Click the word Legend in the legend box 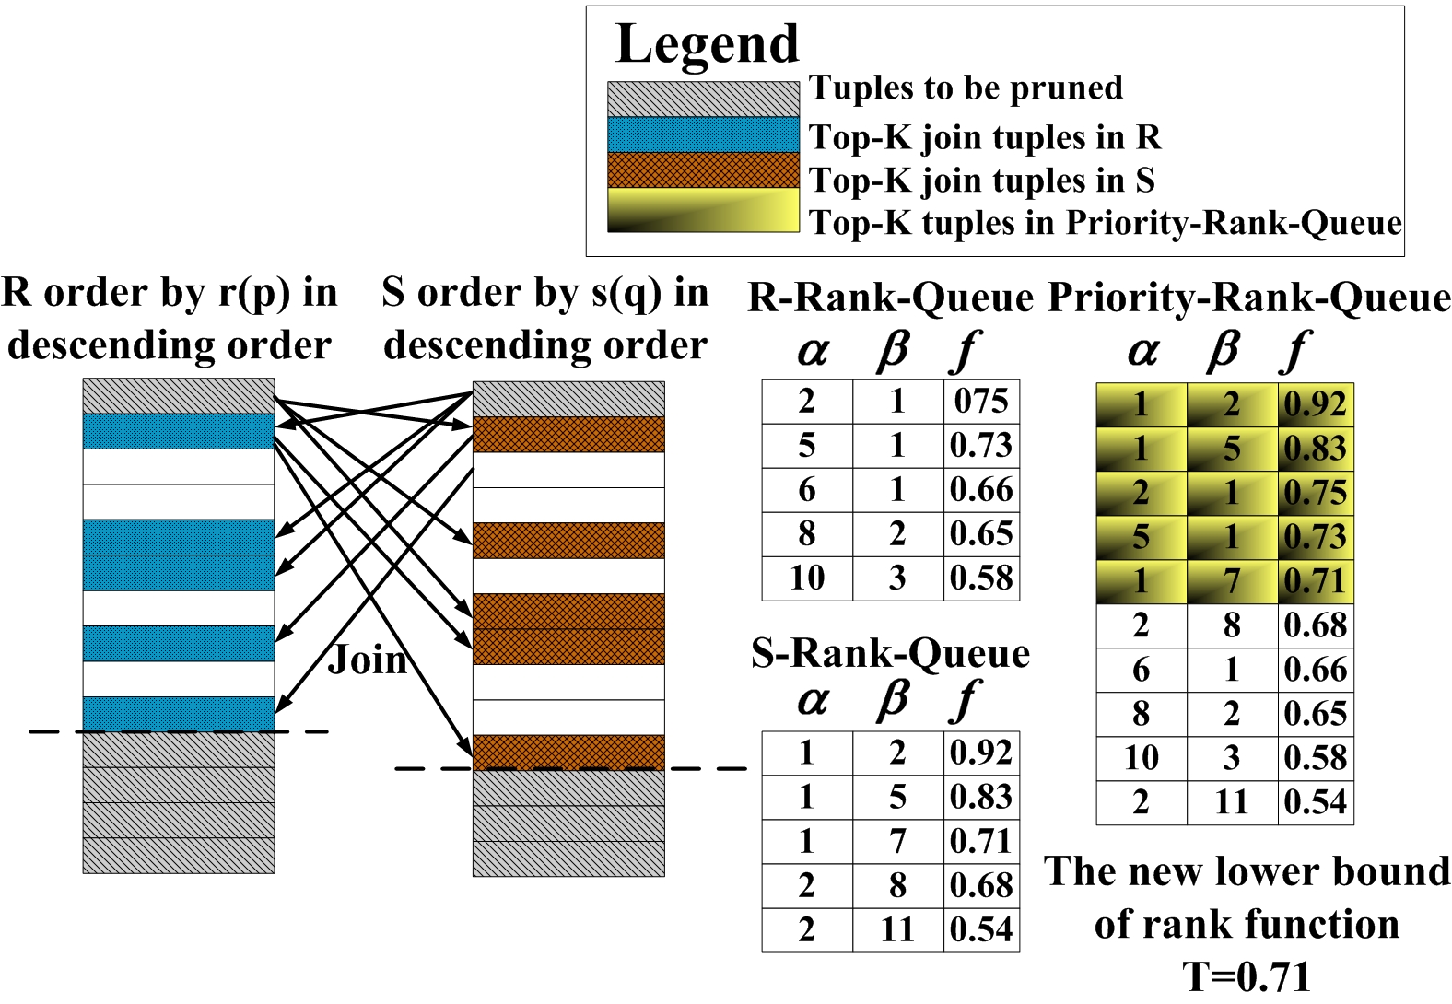(x=707, y=44)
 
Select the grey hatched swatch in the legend (x=702, y=99)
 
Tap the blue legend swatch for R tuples (x=702, y=134)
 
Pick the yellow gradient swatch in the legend (x=702, y=210)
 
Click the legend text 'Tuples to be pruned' (x=966, y=88)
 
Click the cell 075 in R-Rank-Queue (x=981, y=402)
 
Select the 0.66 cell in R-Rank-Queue (x=981, y=490)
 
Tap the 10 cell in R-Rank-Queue (x=807, y=578)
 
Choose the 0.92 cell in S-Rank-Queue (x=981, y=753)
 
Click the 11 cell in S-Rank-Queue (x=897, y=929)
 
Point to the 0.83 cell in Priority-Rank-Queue (x=1315, y=449)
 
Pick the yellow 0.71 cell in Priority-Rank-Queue (x=1315, y=581)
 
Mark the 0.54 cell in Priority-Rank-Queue (x=1315, y=802)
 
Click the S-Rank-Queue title (x=890, y=653)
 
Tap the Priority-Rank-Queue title (x=1249, y=298)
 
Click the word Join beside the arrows (x=368, y=660)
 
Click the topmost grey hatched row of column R (x=179, y=396)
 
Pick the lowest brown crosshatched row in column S (x=568, y=752)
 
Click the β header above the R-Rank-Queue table (x=893, y=351)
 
